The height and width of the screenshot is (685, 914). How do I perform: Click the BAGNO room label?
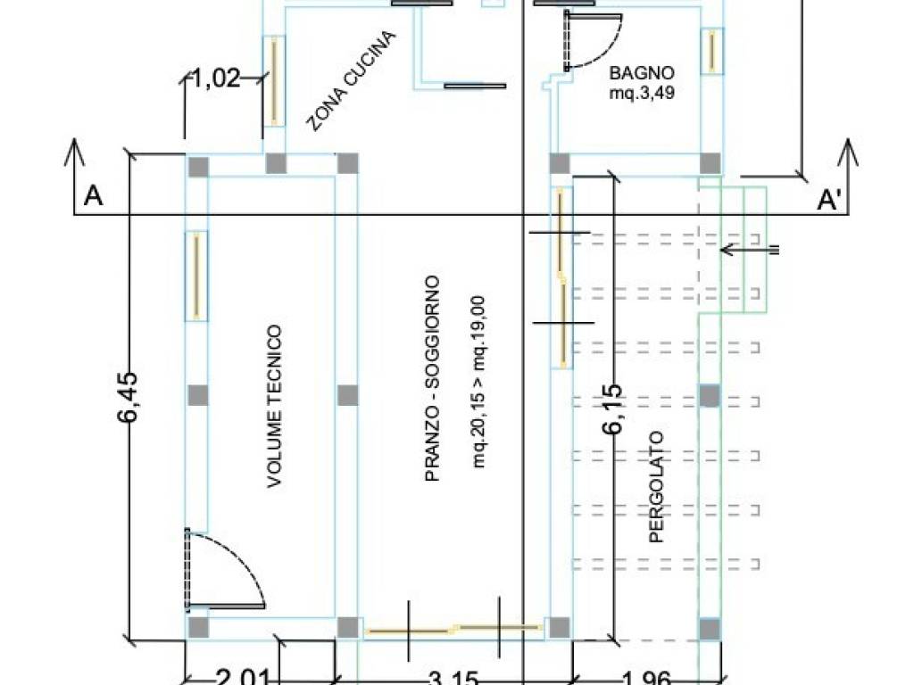[x=641, y=72]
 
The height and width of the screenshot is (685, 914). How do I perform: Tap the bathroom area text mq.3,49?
[x=641, y=91]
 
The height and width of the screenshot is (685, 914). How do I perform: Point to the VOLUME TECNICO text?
[x=275, y=407]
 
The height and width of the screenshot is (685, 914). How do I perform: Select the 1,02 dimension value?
[x=217, y=78]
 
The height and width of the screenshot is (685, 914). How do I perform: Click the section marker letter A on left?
[x=92, y=196]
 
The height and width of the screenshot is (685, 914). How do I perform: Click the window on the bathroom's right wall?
[x=711, y=52]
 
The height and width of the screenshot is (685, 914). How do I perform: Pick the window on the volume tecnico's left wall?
[x=196, y=276]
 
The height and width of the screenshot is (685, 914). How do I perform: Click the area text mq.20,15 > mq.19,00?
[x=478, y=382]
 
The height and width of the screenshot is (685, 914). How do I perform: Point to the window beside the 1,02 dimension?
[x=274, y=81]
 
